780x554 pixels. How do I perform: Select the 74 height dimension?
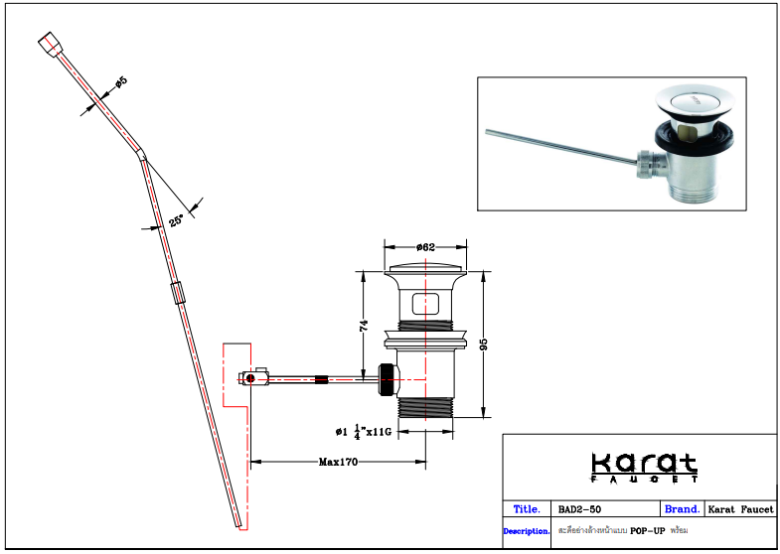pyautogui.click(x=365, y=325)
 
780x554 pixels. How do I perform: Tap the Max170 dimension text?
pyautogui.click(x=338, y=462)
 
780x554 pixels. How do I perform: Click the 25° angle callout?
pyautogui.click(x=176, y=221)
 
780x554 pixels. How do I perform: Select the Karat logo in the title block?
pyautogui.click(x=643, y=466)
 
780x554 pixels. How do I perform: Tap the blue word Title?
pyautogui.click(x=527, y=509)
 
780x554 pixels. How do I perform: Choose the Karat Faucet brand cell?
pyautogui.click(x=739, y=509)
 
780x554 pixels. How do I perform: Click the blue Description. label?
pyautogui.click(x=527, y=531)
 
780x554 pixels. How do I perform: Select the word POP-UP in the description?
pyautogui.click(x=649, y=531)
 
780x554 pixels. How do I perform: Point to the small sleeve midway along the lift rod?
pyautogui.click(x=178, y=294)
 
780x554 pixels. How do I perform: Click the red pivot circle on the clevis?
pyautogui.click(x=252, y=378)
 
